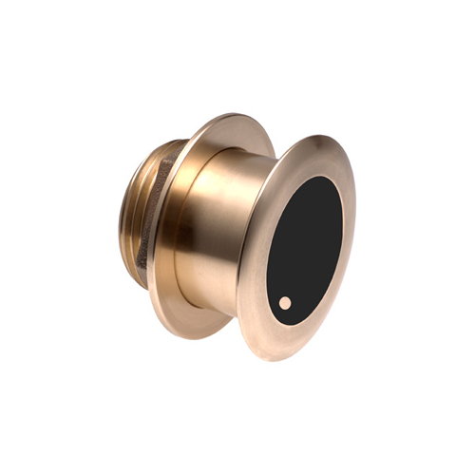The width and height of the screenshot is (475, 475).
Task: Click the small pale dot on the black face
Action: tap(285, 303)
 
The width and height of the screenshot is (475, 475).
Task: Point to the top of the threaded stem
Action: tap(157, 144)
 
